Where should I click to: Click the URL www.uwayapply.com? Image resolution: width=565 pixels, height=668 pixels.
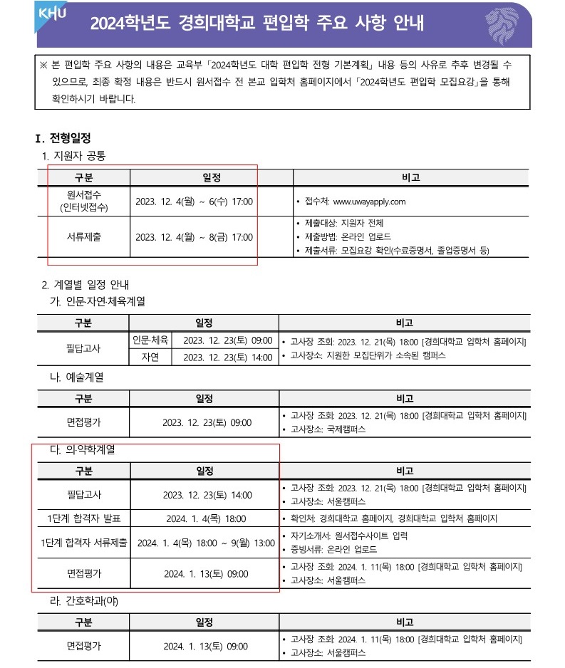tap(369, 202)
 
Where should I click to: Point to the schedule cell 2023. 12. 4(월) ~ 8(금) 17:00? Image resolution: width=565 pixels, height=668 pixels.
tap(194, 237)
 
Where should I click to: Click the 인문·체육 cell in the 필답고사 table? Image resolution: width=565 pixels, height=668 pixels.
tap(150, 340)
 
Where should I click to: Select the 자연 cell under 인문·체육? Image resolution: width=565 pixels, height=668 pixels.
tap(150, 356)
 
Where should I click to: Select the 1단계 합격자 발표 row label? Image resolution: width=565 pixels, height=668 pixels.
tap(83, 518)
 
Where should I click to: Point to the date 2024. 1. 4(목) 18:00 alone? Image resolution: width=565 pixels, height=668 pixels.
tap(205, 518)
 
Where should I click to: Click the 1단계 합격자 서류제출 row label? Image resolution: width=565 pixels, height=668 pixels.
tap(83, 543)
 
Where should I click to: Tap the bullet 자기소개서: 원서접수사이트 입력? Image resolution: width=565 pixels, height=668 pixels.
tap(349, 536)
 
